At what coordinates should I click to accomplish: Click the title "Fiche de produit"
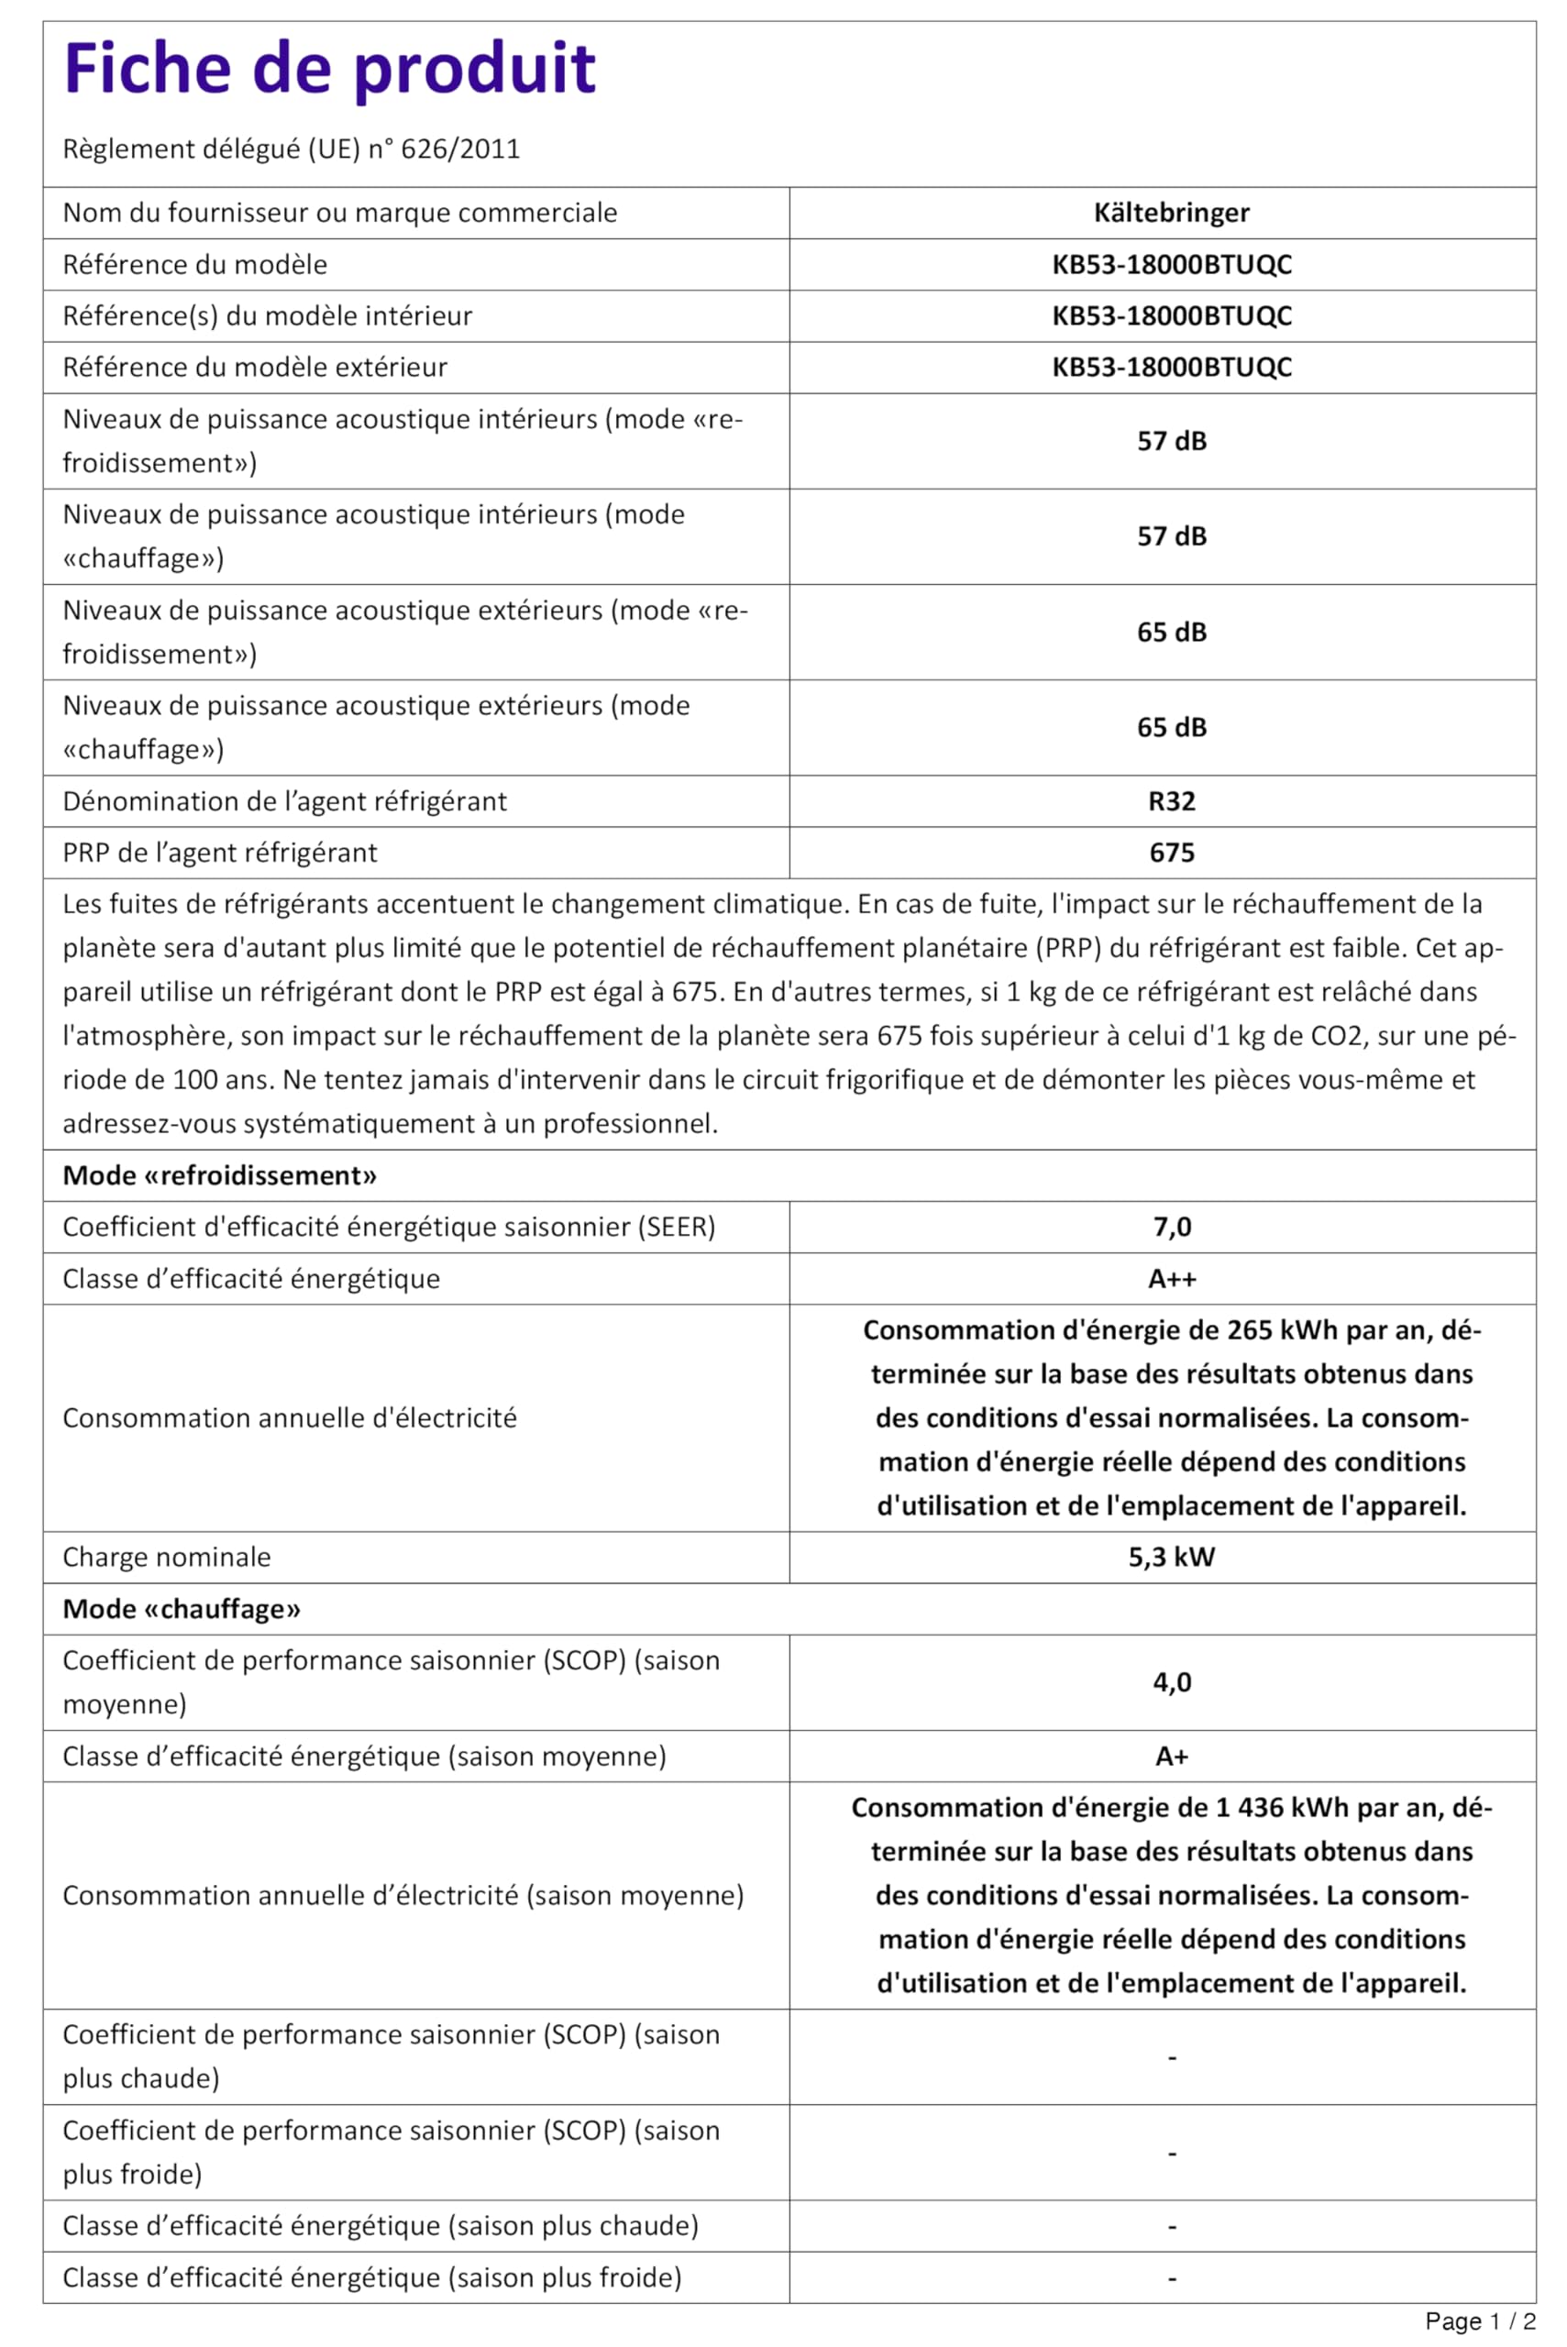click(330, 69)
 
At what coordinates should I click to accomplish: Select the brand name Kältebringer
click(1171, 213)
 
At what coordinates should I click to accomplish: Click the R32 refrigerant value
click(1171, 801)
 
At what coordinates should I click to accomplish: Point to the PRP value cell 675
click(1171, 853)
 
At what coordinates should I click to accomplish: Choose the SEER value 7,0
click(1171, 1227)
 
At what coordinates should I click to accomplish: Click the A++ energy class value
click(1171, 1279)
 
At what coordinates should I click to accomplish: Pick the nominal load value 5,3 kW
click(1171, 1557)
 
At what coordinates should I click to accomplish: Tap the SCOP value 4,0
click(1171, 1682)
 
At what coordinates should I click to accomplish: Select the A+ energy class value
click(1171, 1757)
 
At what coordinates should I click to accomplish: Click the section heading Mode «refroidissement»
click(220, 1176)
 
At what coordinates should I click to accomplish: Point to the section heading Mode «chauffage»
click(182, 1609)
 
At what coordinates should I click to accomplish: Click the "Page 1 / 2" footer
click(1479, 2321)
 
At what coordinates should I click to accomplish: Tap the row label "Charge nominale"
click(167, 1557)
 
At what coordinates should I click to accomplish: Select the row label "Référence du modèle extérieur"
click(255, 368)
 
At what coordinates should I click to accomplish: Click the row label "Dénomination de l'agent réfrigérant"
click(285, 801)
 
